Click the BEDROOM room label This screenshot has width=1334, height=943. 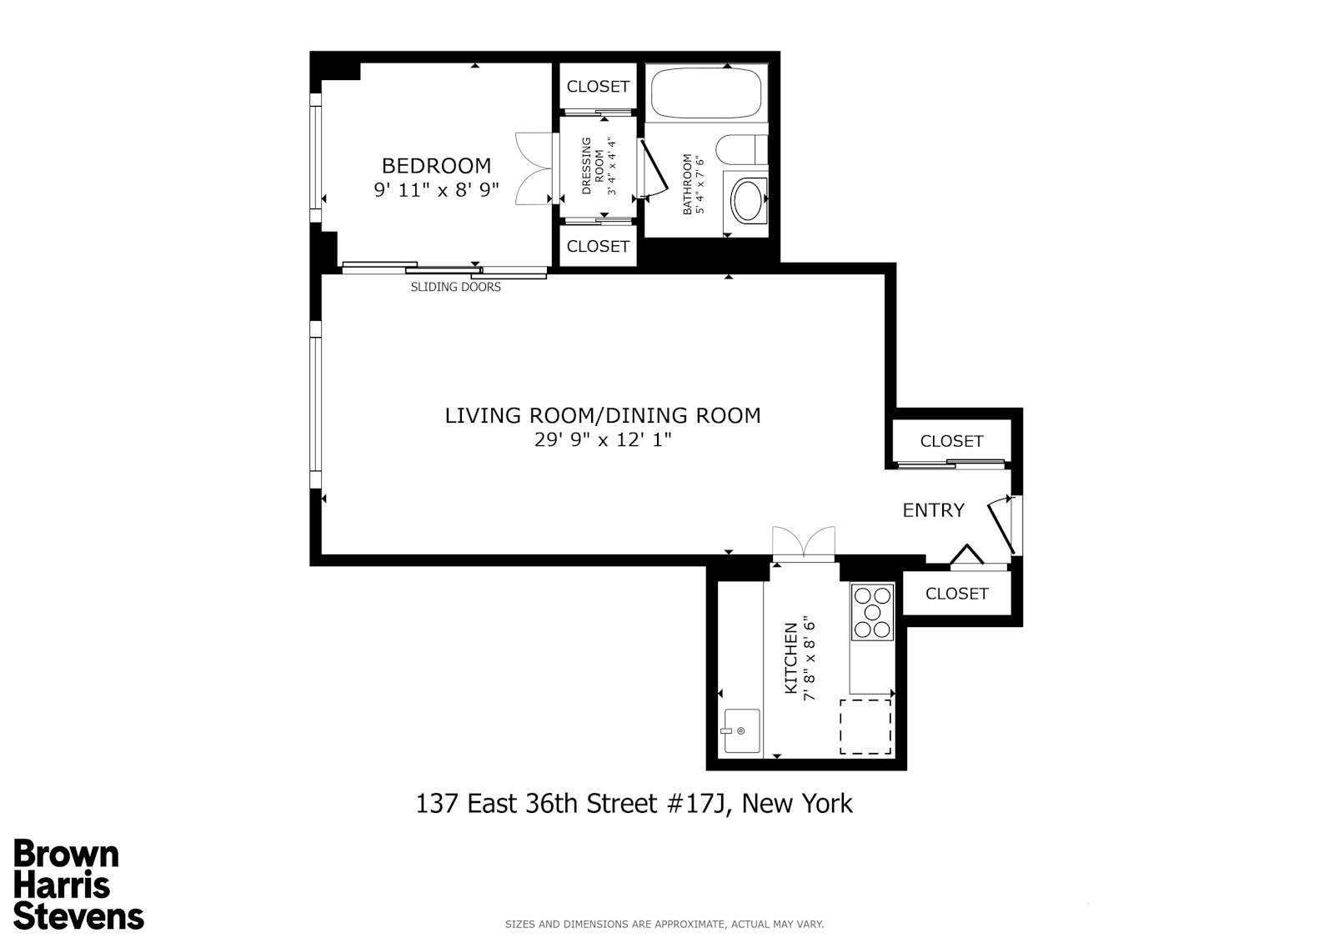(436, 165)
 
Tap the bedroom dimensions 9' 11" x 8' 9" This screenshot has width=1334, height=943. (436, 190)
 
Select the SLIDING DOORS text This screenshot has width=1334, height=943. (456, 287)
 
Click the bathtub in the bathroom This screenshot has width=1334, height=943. (705, 93)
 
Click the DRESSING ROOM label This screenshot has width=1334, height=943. (592, 166)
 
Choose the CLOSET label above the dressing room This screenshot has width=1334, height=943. (598, 87)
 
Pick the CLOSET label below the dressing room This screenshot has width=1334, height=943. (598, 246)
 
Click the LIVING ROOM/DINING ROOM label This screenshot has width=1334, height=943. (603, 415)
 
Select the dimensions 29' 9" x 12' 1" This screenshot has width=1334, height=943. (603, 440)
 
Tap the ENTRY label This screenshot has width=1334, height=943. (934, 510)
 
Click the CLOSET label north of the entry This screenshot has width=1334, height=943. (951, 441)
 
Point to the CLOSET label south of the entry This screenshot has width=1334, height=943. (956, 594)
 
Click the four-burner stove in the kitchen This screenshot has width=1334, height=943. (872, 612)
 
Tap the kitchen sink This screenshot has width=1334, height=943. (741, 731)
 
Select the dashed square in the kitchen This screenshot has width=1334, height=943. (865, 727)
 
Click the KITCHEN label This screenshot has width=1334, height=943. (791, 665)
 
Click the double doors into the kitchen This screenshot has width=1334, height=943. (803, 544)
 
